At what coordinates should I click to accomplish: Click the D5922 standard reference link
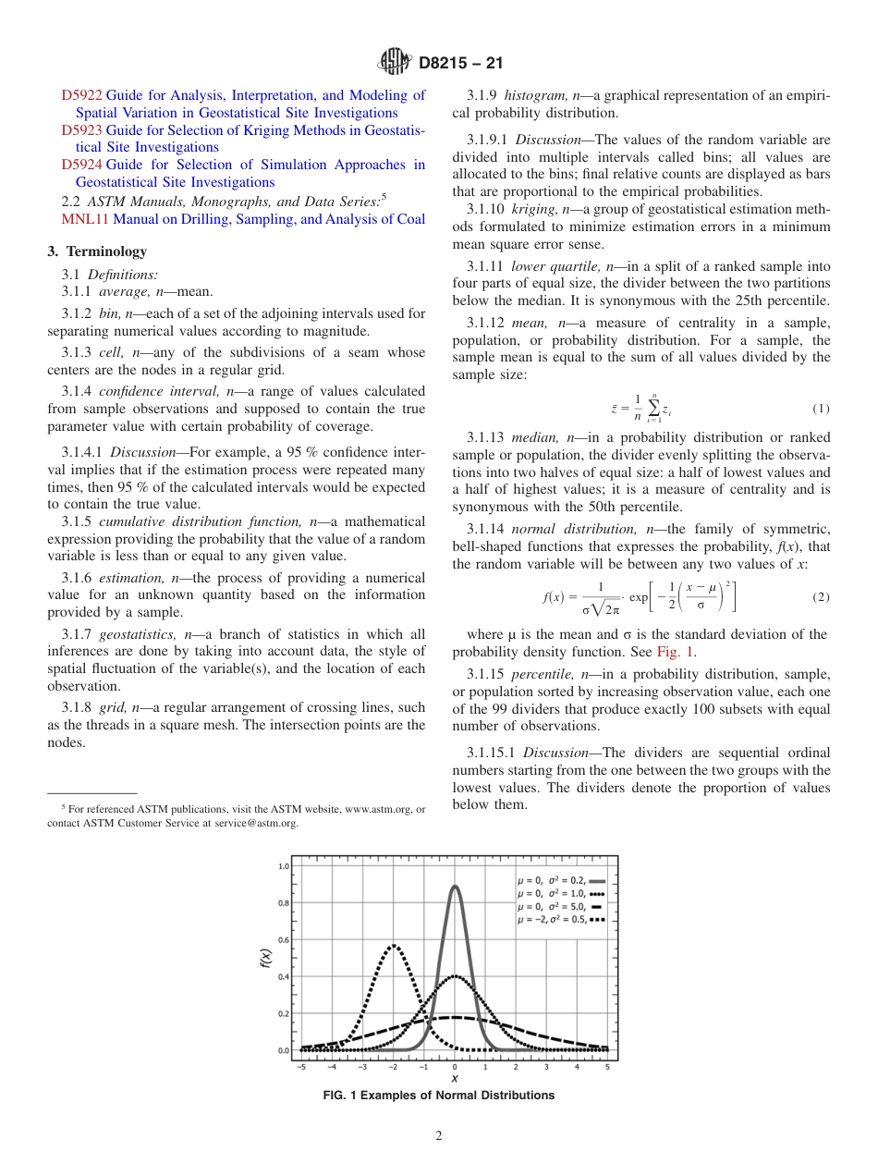(x=81, y=94)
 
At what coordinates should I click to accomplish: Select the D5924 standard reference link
(x=81, y=165)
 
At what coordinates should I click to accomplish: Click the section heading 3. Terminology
(x=96, y=251)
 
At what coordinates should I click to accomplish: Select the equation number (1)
(x=821, y=409)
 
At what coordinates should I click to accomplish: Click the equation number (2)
(x=821, y=597)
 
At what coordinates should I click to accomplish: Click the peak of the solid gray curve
(x=455, y=886)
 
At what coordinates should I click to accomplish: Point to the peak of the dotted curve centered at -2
(x=394, y=945)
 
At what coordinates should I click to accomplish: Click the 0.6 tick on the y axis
(x=285, y=939)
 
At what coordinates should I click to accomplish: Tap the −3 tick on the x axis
(x=362, y=1066)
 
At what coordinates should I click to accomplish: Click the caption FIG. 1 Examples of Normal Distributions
(x=439, y=1095)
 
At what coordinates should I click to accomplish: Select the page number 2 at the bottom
(x=439, y=1136)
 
